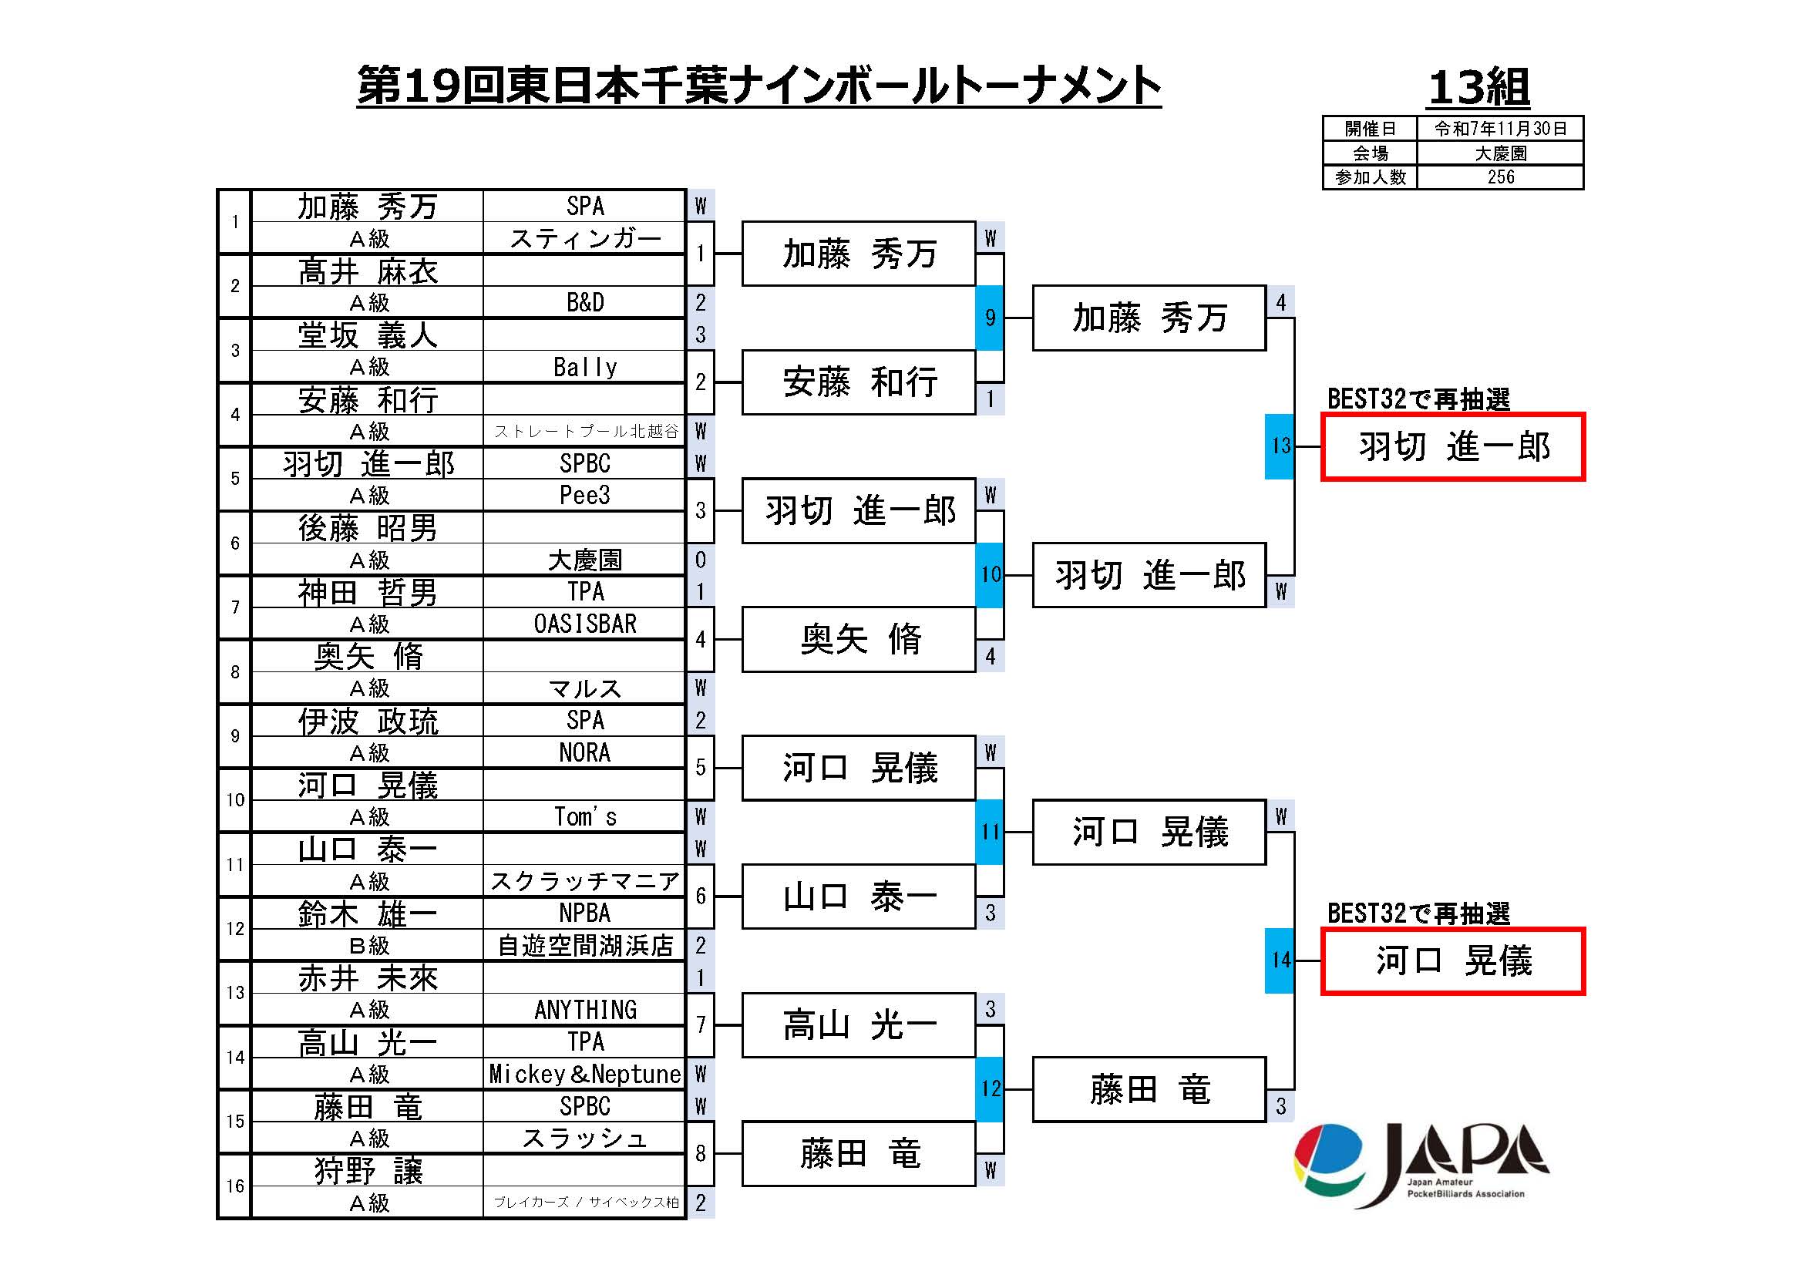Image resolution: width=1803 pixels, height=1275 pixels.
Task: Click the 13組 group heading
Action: point(1478,87)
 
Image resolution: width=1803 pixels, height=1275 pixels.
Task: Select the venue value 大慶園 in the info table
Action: point(1500,153)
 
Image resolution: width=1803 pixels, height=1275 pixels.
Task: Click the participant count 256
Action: point(1500,177)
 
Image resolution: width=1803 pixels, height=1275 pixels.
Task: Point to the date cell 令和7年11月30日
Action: point(1500,129)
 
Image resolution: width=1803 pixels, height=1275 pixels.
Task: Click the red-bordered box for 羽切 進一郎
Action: point(1453,447)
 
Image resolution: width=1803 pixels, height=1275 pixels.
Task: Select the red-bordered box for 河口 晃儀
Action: point(1453,961)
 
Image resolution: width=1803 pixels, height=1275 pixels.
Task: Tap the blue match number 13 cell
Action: point(1280,446)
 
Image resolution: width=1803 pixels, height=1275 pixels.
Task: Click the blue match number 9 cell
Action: point(990,318)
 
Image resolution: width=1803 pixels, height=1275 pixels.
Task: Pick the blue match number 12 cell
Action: point(990,1089)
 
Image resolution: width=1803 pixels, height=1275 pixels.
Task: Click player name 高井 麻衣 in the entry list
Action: point(368,271)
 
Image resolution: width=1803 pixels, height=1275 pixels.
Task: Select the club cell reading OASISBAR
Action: point(585,624)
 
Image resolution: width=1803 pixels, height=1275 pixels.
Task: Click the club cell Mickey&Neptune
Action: point(585,1074)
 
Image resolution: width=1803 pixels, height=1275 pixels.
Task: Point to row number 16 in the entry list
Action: point(235,1186)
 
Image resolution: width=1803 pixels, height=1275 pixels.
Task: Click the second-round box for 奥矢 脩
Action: point(858,639)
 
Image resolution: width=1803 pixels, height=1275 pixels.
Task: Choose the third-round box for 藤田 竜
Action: point(1148,1090)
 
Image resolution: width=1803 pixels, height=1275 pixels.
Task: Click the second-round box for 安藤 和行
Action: point(858,382)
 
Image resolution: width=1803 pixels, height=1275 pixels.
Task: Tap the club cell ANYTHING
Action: point(585,1010)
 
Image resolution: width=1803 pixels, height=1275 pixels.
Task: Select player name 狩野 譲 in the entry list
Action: point(368,1171)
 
